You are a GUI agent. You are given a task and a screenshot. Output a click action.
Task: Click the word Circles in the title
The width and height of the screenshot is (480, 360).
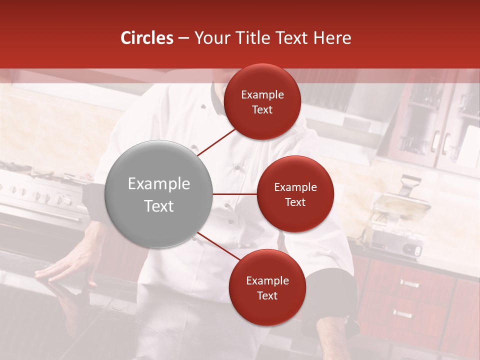coord(146,38)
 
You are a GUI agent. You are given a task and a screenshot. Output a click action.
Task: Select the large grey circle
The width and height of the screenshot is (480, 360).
coord(158,194)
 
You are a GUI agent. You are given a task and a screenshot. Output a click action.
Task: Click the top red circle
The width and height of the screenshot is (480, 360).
coord(262,101)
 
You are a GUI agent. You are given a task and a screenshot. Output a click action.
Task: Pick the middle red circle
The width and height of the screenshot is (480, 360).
coord(295,194)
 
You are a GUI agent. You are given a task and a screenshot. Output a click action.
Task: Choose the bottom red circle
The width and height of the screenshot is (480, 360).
coord(267,287)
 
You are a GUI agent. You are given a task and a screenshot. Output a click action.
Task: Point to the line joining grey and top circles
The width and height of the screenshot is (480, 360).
coord(217,142)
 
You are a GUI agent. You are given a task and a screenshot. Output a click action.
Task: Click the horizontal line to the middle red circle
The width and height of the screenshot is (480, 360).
coord(234,194)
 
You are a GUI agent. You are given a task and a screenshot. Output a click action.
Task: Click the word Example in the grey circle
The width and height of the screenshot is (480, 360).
coord(158,184)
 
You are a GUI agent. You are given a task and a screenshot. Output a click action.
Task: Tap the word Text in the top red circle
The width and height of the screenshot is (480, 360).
coord(262,109)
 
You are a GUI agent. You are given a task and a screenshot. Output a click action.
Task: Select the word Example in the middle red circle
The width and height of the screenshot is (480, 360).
coord(295,187)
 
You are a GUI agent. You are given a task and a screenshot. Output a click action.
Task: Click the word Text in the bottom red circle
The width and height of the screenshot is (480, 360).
coord(267,295)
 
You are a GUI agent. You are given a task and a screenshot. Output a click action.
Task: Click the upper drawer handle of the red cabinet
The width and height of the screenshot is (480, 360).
coord(409,283)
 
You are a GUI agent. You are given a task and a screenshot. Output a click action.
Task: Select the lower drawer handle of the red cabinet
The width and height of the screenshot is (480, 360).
coord(402,313)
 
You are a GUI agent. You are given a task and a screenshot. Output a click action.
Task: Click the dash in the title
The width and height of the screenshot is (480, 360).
coord(183,38)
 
